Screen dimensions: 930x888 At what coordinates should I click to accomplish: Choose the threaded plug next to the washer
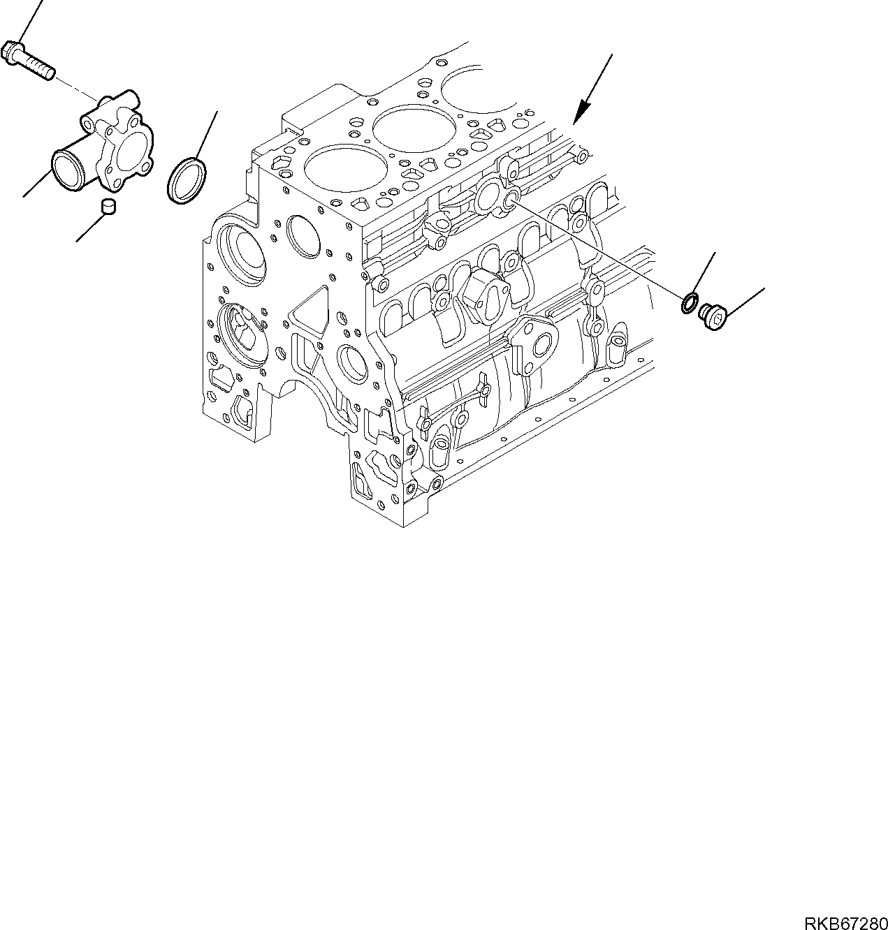712,316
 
